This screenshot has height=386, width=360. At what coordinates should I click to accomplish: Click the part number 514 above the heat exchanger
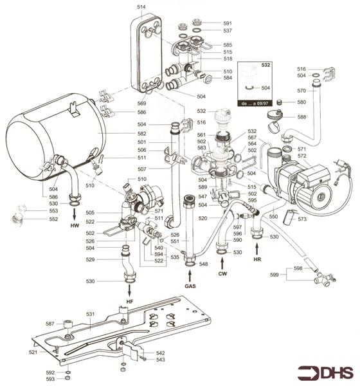coord(141,6)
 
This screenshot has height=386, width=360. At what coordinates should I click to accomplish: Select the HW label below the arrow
coord(73,227)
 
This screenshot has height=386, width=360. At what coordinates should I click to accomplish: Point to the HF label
coord(129,302)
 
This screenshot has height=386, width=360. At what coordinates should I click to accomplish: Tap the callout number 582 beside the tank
coord(141,133)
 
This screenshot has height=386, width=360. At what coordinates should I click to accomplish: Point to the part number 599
coord(274,275)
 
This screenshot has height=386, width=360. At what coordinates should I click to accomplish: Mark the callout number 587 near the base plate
coord(50,324)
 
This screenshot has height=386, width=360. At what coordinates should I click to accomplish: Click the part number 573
coord(301,219)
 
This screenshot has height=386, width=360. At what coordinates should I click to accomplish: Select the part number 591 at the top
coord(227,23)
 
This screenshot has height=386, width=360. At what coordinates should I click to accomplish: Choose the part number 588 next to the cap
coord(301,116)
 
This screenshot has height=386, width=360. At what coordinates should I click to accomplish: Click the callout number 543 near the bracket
coord(161,360)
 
